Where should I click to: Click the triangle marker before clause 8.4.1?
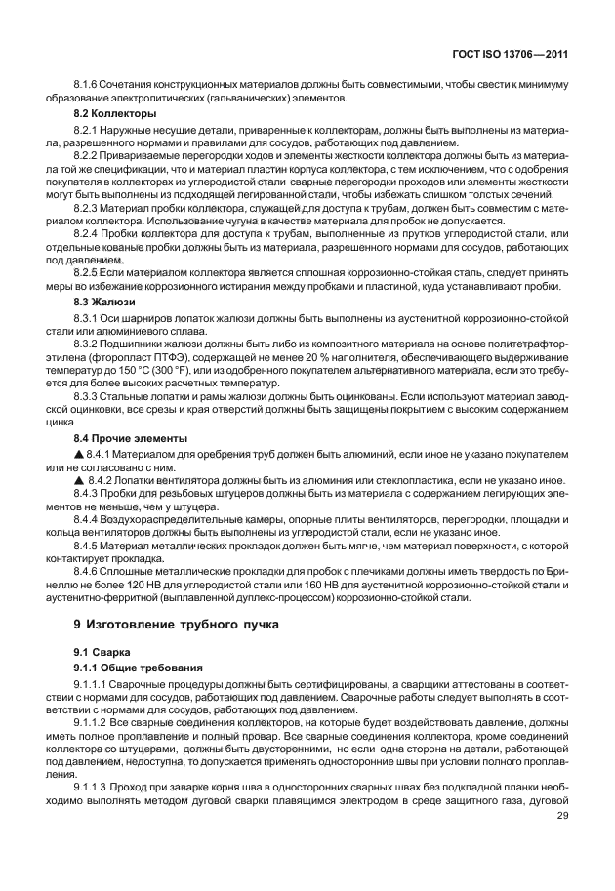pyautogui.click(x=79, y=456)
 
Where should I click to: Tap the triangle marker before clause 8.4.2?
pyautogui.click(x=79, y=481)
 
